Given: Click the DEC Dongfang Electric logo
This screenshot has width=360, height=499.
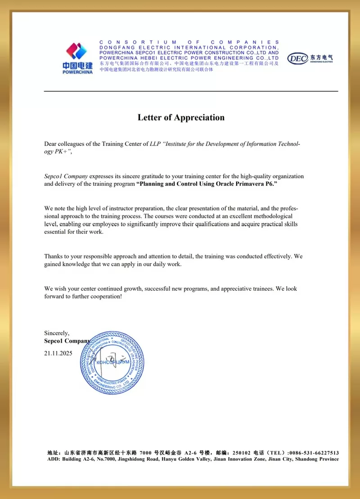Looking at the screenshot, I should click(310, 58).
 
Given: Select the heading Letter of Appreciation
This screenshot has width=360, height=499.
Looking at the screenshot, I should click(181, 118).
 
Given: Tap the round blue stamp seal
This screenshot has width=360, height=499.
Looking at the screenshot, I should click(112, 362).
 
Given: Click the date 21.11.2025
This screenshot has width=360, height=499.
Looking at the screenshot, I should click(58, 353).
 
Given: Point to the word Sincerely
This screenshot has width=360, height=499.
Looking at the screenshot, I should click(57, 333).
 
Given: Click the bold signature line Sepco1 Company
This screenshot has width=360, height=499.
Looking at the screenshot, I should click(67, 341).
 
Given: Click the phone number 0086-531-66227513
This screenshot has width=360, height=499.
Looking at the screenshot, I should click(314, 453).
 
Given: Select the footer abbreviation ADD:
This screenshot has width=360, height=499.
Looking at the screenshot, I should click(54, 459).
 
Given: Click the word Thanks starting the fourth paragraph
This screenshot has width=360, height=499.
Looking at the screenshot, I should click(54, 256).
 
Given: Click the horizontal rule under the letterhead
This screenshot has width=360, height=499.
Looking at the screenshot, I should click(191, 91).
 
